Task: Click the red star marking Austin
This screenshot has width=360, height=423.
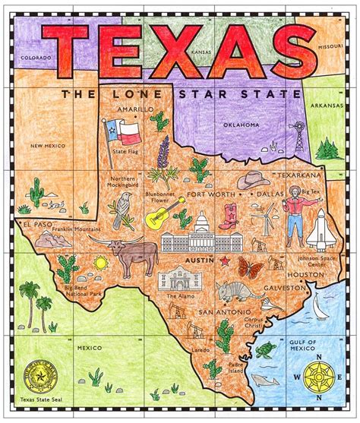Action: click(x=225, y=260)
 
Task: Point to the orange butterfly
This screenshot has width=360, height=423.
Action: click(x=248, y=267)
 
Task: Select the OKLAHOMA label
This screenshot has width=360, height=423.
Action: click(x=242, y=124)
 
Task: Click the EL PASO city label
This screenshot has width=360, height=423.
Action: click(x=36, y=225)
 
